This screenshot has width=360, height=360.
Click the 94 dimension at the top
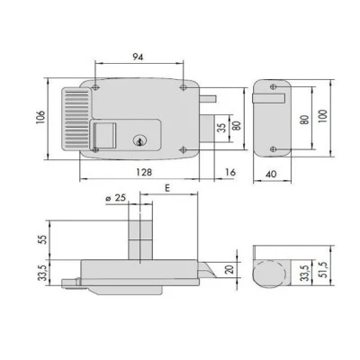138,57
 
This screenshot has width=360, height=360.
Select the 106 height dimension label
40,117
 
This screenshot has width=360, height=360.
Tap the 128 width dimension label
144,172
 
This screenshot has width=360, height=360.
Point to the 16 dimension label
230,172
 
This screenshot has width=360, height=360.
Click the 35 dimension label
222,129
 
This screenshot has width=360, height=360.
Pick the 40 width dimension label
271,174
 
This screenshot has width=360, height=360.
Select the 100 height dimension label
322,118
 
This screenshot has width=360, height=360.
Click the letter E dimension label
167,188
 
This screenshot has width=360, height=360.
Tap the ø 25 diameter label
115,198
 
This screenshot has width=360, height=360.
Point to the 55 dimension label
44,239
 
